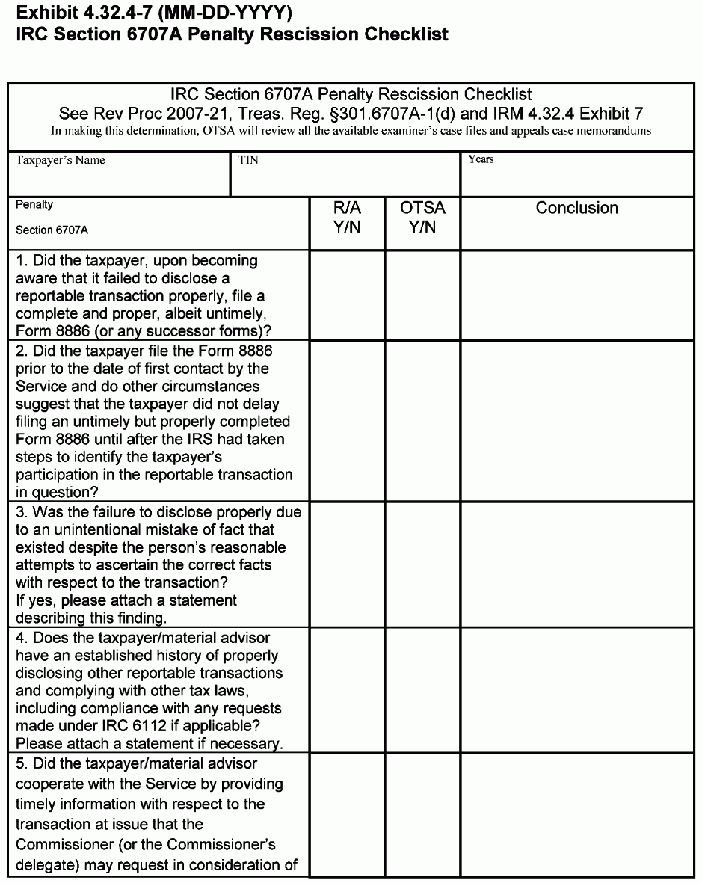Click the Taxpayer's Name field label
pos(61,160)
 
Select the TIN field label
pos(248,160)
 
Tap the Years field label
pos(481,159)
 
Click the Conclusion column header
pos(576,208)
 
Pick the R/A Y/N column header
pos(347,217)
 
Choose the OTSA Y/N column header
pos(422,217)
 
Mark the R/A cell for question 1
pos(347,295)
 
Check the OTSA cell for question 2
pos(422,421)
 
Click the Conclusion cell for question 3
pos(576,564)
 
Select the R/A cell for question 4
pos(347,690)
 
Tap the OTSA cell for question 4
pos(422,690)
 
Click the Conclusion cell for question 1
pos(576,295)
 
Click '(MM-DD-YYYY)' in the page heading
pos(224,13)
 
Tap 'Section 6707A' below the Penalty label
pos(52,230)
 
